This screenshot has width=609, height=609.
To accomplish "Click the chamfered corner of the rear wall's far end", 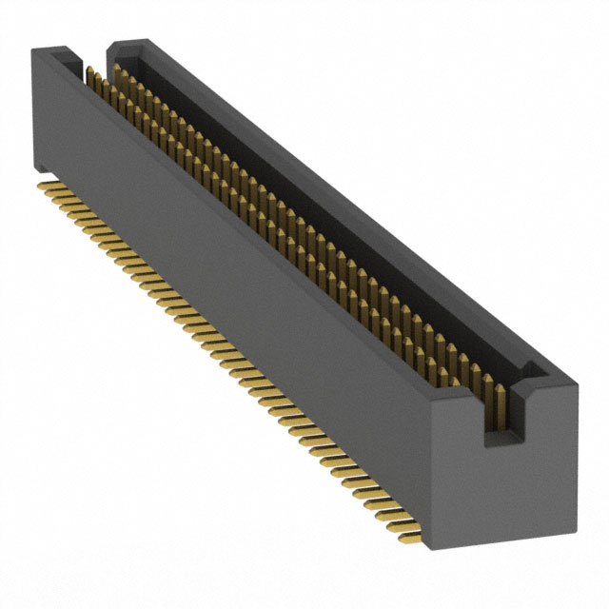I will (111, 46).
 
